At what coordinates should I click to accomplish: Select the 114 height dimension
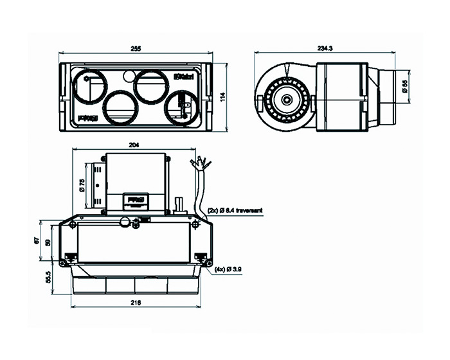[x=222, y=97]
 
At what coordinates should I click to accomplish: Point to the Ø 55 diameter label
[x=405, y=87]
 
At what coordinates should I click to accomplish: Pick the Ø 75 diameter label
[x=82, y=186]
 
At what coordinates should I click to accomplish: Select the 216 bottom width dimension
[x=136, y=302]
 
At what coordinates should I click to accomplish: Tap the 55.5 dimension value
[x=47, y=278]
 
